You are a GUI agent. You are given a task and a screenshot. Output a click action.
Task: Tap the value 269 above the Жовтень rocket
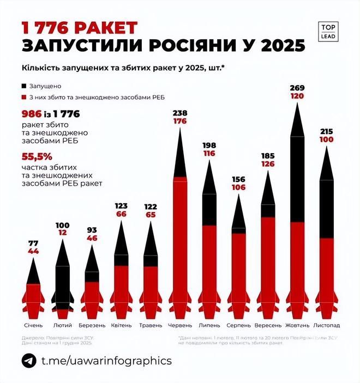tap(298, 87)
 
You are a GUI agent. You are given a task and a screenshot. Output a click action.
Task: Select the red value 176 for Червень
tap(180, 122)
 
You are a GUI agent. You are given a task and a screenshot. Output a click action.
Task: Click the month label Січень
tap(33, 325)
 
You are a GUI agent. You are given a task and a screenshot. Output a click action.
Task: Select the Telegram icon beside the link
tap(29, 361)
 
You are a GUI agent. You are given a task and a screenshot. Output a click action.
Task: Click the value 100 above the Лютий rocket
tap(63, 226)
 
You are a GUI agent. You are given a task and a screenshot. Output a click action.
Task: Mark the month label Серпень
tap(238, 325)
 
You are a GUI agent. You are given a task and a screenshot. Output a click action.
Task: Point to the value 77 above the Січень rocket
tap(33, 243)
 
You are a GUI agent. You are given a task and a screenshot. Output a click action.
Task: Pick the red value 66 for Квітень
tap(122, 214)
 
